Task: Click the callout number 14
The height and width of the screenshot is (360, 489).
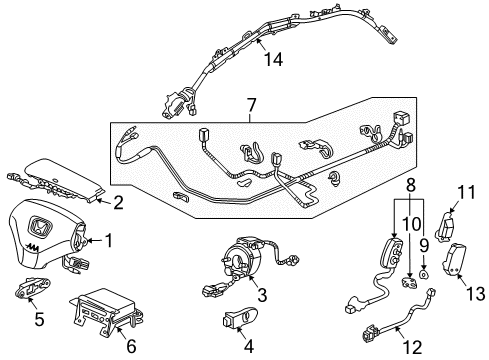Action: (x=273, y=60)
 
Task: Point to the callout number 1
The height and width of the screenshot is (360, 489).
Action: (x=110, y=240)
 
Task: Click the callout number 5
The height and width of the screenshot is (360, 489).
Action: (x=40, y=321)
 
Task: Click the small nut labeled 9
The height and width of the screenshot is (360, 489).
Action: (x=424, y=273)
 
